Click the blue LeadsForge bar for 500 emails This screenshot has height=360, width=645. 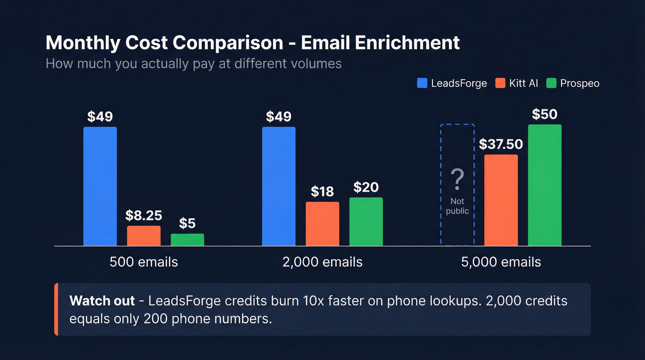pyautogui.click(x=100, y=186)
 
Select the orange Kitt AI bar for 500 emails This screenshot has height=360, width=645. pyautogui.click(x=144, y=236)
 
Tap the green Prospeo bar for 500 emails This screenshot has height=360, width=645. pyautogui.click(x=188, y=240)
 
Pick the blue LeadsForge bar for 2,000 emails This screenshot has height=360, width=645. pyautogui.click(x=279, y=186)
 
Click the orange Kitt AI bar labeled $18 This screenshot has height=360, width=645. pyautogui.click(x=322, y=224)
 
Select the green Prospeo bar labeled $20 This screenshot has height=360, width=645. pyautogui.click(x=366, y=221)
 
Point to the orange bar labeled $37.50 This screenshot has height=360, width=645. pyautogui.click(x=501, y=200)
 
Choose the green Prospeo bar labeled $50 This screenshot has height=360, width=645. pyautogui.click(x=545, y=185)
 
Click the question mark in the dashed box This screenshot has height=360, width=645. pyautogui.click(x=457, y=180)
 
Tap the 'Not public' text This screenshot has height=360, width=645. pyautogui.click(x=457, y=206)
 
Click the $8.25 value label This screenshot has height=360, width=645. pyautogui.click(x=144, y=215)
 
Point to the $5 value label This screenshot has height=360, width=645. pyautogui.click(x=187, y=224)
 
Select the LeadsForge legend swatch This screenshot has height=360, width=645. pyautogui.click(x=422, y=83)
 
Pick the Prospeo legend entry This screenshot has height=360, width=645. pyautogui.click(x=573, y=83)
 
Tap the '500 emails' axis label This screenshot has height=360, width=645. pyautogui.click(x=144, y=262)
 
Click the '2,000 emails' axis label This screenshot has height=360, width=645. pyautogui.click(x=322, y=262)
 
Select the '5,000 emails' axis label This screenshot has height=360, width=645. pyautogui.click(x=501, y=262)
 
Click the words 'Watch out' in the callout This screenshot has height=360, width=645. pyautogui.click(x=102, y=301)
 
